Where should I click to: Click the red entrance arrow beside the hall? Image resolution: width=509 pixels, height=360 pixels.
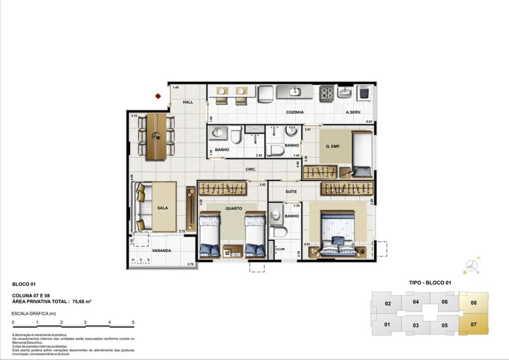[x=159, y=96]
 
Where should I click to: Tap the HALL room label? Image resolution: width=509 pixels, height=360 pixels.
[x=188, y=102]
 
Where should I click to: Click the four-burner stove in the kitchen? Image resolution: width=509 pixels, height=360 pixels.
[x=326, y=93]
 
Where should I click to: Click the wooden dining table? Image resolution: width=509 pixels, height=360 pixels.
[x=157, y=136]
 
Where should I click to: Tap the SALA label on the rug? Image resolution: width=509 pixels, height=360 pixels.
[x=163, y=208]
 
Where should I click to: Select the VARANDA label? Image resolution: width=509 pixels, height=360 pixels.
[x=161, y=251]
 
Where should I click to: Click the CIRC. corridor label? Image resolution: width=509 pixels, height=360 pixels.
[x=250, y=169]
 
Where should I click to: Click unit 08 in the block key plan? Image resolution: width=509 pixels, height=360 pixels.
[x=473, y=302]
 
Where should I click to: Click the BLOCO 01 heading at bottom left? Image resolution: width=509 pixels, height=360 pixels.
[x=23, y=285]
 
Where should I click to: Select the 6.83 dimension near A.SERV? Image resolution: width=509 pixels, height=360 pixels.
[x=370, y=121]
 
